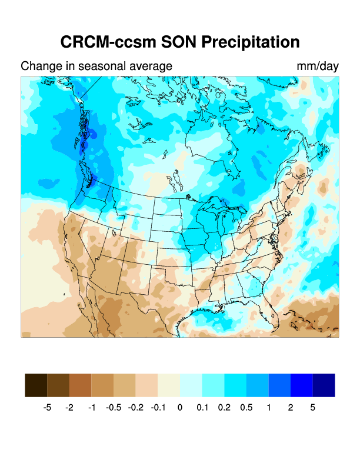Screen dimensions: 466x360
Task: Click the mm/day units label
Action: coord(318,66)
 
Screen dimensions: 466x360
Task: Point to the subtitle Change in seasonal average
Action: coord(96,66)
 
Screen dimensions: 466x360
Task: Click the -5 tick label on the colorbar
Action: coord(48,407)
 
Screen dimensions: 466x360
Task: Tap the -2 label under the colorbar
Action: coord(69,407)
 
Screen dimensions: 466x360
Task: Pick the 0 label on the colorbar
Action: coord(180,407)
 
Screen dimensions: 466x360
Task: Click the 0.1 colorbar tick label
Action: coord(202,407)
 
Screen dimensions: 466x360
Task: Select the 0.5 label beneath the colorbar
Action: coord(246,407)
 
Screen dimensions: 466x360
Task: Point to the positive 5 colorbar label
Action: coord(312,407)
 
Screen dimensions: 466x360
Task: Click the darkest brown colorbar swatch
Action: coord(36,385)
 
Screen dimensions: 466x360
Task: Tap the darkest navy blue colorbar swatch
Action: coord(324,385)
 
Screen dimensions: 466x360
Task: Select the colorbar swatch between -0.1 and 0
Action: coord(169,385)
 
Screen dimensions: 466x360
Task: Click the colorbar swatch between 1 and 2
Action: coord(279,385)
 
